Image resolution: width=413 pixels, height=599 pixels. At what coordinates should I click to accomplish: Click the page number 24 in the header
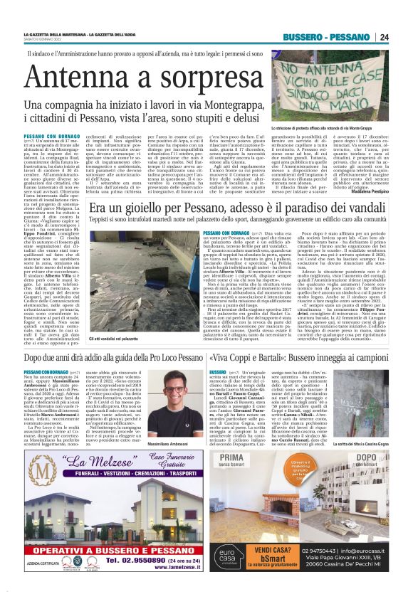pyautogui.click(x=384, y=37)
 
